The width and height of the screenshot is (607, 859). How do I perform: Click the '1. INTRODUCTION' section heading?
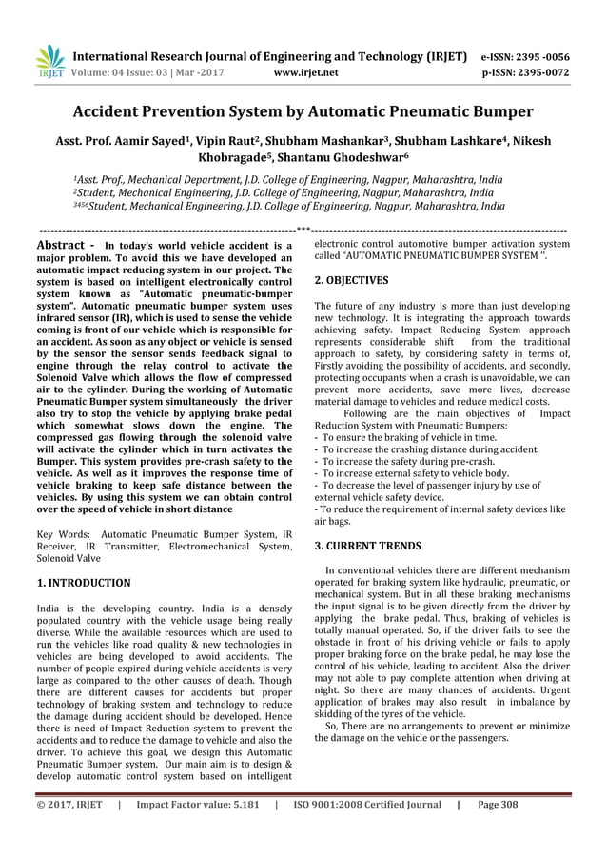click(x=84, y=580)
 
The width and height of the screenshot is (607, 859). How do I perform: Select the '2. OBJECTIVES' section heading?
click(x=351, y=281)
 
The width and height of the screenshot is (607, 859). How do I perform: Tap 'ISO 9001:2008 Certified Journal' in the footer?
click(x=365, y=830)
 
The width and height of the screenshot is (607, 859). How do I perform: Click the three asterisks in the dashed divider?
click(x=303, y=230)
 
